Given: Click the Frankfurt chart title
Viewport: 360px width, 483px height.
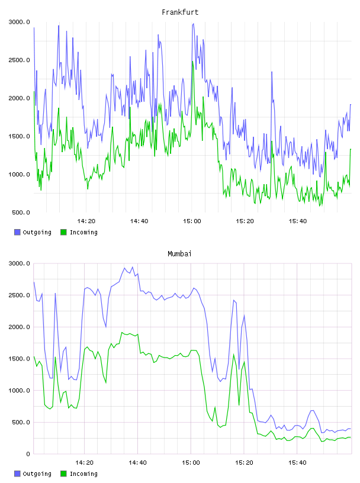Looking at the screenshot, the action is point(180,12).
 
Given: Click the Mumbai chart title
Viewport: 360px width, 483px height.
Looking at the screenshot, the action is point(179,254).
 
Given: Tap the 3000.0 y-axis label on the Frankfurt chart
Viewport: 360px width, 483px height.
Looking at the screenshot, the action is point(19,22).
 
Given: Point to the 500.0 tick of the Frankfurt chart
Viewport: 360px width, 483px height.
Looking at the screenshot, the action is point(21,212).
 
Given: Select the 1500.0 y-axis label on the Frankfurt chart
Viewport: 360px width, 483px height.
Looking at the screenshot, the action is point(19,137).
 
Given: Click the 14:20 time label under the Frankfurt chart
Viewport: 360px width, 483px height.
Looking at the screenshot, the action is point(86,221).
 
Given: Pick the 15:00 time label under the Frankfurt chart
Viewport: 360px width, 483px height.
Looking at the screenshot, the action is point(192,221).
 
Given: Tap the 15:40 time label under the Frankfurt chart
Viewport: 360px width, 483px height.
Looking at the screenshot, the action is point(297,221).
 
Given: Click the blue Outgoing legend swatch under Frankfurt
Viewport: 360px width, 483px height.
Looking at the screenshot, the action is point(17,232).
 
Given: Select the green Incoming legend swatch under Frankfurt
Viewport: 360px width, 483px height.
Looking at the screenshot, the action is point(63,232).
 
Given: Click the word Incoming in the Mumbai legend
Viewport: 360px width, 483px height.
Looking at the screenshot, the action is point(83,474).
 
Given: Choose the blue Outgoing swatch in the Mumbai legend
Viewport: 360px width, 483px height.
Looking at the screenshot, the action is point(17,474).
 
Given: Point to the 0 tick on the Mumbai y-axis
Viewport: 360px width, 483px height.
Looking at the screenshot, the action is point(28,454).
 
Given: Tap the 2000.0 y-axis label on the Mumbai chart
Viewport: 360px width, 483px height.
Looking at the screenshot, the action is point(19,327).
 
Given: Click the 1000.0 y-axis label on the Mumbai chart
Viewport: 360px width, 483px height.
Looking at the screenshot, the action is point(19,391).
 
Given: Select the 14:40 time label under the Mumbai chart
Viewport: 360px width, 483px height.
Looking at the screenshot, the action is point(137,463).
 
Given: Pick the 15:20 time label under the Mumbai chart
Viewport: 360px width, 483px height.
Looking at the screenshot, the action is point(244,463).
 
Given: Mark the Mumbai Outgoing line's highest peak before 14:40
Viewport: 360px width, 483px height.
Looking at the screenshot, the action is point(133,267).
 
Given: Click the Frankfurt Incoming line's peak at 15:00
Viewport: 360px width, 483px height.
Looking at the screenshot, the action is point(192,62).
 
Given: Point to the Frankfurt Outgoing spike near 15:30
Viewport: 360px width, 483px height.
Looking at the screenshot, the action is point(272,72).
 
